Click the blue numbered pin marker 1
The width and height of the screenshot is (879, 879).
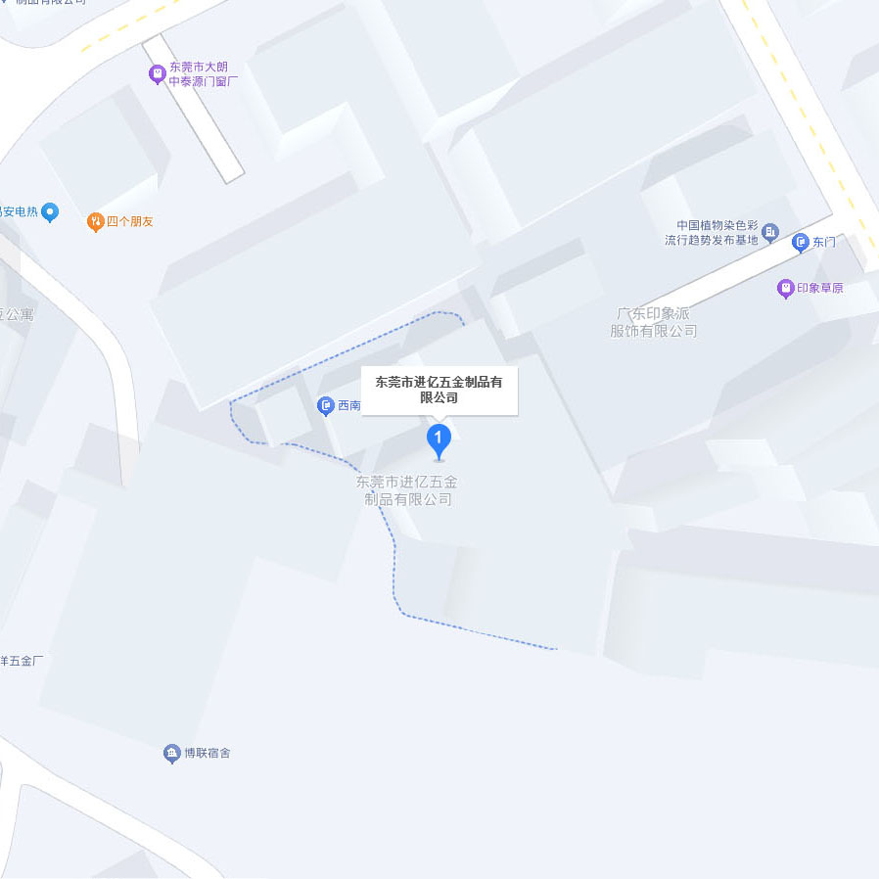[439, 439]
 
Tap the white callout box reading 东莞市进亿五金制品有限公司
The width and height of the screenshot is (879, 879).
[439, 390]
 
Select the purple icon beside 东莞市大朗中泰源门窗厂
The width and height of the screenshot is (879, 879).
[157, 73]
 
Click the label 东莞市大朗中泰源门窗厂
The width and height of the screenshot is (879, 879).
[204, 74]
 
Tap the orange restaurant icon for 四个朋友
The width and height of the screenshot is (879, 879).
[95, 222]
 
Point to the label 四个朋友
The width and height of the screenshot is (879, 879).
[130, 222]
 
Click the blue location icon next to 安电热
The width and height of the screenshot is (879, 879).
[51, 211]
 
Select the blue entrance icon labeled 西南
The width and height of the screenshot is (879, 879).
[326, 405]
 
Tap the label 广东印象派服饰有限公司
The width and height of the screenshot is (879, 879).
[653, 323]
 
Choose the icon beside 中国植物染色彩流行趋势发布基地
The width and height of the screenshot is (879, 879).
[770, 232]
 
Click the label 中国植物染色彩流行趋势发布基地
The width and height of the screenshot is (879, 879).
[712, 232]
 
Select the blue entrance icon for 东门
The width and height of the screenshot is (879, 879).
[801, 242]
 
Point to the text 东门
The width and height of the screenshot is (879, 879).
[824, 242]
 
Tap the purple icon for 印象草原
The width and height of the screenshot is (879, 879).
[784, 289]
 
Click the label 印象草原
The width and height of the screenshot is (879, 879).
[820, 289]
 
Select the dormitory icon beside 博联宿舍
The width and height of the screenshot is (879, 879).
[171, 753]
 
